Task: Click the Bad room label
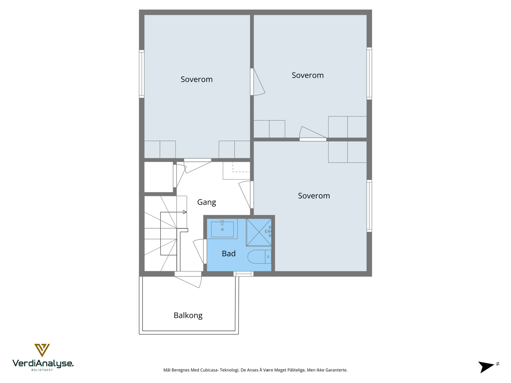coord(229,253)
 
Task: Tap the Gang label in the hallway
coord(206,202)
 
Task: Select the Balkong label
coord(188,315)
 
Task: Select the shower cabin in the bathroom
coord(259,232)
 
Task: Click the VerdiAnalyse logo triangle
coord(42,350)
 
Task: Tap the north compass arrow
coord(486,366)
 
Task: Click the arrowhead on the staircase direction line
coord(185,212)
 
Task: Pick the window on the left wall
coord(141,74)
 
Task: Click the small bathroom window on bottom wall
coord(243,274)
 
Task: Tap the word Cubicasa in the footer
coord(209,370)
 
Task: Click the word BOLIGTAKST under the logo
coord(42,370)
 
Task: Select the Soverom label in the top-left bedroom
coord(196,79)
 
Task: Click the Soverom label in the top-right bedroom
coord(307,75)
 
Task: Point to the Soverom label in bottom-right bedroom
coord(314,196)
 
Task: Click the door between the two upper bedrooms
coord(257,82)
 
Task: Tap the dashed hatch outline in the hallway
coord(241,167)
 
